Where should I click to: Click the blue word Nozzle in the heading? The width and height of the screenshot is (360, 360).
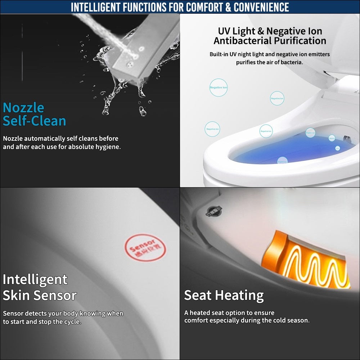pos(23,108)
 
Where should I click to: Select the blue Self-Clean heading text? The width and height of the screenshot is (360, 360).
pos(35,121)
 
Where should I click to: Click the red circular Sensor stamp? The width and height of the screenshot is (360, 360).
pos(145,248)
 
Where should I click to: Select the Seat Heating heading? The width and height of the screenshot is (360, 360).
pos(224,295)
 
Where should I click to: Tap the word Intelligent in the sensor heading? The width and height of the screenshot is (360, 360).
pos(35,279)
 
